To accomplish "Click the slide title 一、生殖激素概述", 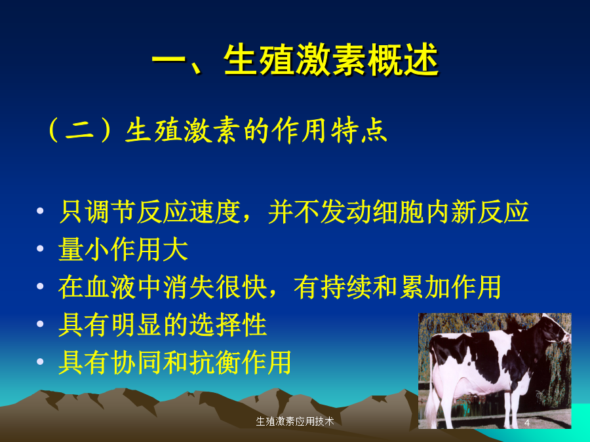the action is pyautogui.click(x=296, y=60).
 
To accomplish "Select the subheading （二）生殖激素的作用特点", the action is pyautogui.click(x=216, y=131).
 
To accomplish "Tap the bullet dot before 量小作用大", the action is pyautogui.click(x=40, y=248).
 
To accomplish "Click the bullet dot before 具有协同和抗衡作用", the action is pyautogui.click(x=40, y=361).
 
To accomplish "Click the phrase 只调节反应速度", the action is pyautogui.click(x=149, y=212).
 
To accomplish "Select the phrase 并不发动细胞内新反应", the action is pyautogui.click(x=399, y=212).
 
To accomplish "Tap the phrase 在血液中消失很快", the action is pyautogui.click(x=163, y=287).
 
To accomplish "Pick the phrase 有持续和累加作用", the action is pyautogui.click(x=397, y=287).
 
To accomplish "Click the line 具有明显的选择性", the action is pyautogui.click(x=163, y=324).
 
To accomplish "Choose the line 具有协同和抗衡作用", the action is pyautogui.click(x=175, y=362).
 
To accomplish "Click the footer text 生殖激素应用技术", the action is pyautogui.click(x=294, y=421).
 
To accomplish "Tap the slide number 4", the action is pyautogui.click(x=527, y=423).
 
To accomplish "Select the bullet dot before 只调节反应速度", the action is pyautogui.click(x=40, y=211).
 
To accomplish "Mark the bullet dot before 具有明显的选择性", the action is pyautogui.click(x=40, y=323).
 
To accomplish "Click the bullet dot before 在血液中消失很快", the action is pyautogui.click(x=40, y=286).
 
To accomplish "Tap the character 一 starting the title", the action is pyautogui.click(x=168, y=60).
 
